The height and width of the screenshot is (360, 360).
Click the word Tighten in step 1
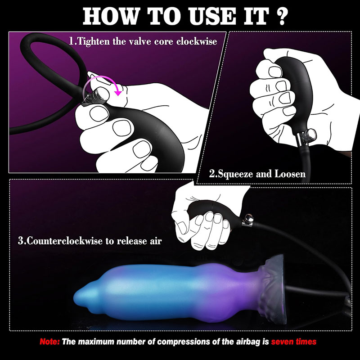(x=94, y=41)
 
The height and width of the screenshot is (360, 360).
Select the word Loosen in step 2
(x=290, y=174)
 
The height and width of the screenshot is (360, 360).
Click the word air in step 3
(x=156, y=242)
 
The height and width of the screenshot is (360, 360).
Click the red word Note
(x=49, y=342)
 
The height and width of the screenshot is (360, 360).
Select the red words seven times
(x=294, y=342)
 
